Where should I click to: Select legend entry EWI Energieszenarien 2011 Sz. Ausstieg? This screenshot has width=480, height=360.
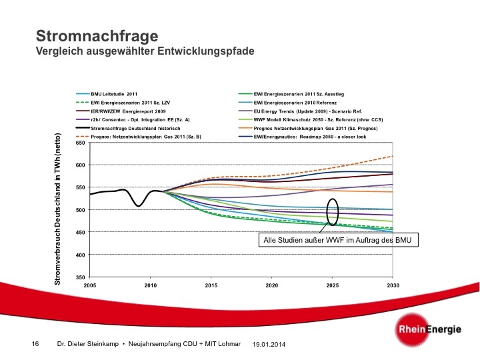(x=295, y=93)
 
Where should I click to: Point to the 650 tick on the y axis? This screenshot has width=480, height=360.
(x=80, y=143)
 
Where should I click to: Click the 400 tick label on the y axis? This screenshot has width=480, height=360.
(x=80, y=255)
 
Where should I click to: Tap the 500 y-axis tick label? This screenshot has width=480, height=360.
(x=80, y=210)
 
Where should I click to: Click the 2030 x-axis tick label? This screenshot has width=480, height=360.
(x=393, y=285)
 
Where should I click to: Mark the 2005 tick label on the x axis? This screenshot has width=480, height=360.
(x=91, y=285)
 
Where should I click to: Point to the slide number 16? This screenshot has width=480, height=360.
(x=35, y=344)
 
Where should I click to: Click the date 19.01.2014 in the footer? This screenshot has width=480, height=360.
(x=269, y=344)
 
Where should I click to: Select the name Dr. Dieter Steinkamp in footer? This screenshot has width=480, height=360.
(x=89, y=344)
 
